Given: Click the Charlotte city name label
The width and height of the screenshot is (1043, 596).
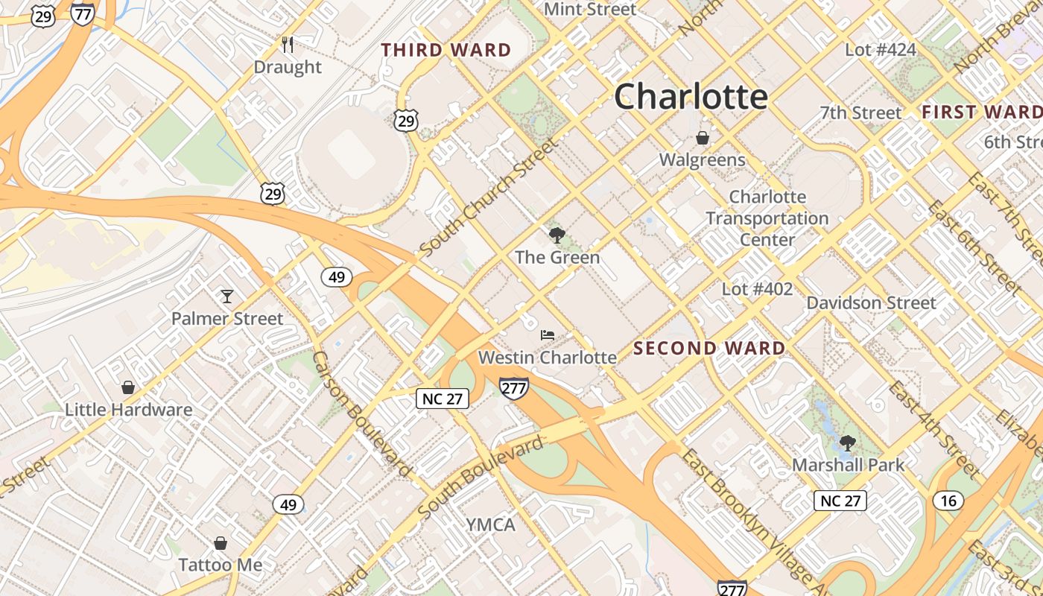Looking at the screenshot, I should (691, 97).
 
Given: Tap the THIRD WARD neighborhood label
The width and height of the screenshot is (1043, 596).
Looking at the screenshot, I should (446, 51).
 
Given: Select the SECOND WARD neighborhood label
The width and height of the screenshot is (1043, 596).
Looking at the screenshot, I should (709, 348).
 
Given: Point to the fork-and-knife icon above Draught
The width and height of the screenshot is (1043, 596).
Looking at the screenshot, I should (288, 45).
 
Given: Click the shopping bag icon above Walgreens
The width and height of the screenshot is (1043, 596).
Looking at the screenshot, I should (702, 138).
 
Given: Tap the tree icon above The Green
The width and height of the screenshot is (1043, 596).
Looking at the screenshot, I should (557, 236).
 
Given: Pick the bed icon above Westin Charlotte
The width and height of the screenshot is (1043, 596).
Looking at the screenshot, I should (548, 335).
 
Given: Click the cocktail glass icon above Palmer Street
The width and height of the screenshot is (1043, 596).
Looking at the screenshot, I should (227, 297).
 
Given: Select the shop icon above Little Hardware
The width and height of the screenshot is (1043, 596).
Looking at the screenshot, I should (128, 387).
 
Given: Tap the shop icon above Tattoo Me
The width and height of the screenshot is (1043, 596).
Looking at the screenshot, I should (220, 543).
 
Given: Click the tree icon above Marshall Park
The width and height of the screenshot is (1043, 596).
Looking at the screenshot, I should (847, 443).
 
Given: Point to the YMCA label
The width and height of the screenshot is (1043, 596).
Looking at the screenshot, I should (490, 524).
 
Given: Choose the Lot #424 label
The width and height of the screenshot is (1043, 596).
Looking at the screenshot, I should (880, 50).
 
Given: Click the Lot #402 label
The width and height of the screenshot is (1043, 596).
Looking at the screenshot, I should (757, 288).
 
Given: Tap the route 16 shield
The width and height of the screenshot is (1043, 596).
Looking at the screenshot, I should (948, 500).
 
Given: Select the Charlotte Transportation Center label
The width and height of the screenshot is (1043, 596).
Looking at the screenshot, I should (767, 218).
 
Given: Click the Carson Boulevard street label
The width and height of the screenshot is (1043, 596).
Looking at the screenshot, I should (362, 414).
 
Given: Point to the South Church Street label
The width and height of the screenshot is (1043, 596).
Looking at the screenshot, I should (488, 197).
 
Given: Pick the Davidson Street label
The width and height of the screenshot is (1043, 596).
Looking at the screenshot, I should (871, 302).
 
